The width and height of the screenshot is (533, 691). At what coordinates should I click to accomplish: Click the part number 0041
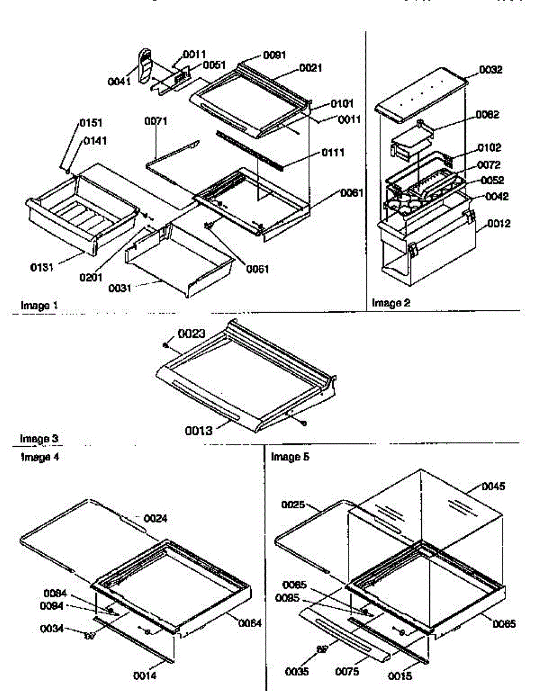(x=119, y=82)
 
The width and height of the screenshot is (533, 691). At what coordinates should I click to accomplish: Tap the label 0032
(x=490, y=70)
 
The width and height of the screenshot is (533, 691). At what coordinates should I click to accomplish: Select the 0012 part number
(x=489, y=224)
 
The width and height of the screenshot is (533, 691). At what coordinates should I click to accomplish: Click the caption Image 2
(x=391, y=303)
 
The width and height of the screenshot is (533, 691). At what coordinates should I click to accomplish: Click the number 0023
(x=191, y=333)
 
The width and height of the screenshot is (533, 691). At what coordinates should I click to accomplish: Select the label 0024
(x=156, y=518)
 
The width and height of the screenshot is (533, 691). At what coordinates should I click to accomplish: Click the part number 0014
(x=145, y=676)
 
